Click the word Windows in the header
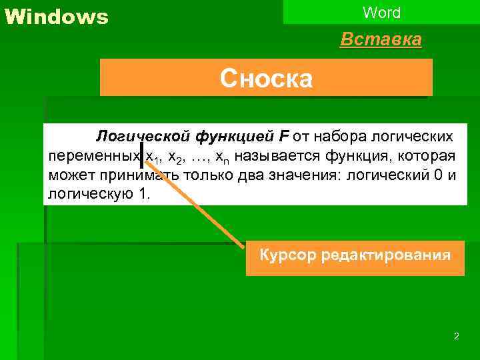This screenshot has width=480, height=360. pos(56,17)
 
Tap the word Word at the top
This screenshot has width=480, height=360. pos(382,12)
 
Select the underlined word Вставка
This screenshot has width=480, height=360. pos(381,40)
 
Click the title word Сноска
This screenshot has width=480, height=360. pos(266,79)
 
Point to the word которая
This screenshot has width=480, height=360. pos(426,157)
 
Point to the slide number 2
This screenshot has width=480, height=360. pos(456,337)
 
